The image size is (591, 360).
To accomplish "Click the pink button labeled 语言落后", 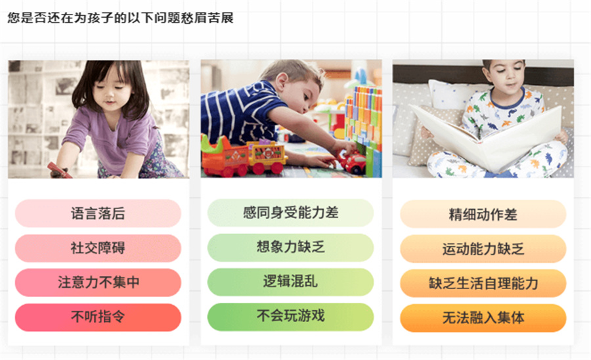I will coord(98,214).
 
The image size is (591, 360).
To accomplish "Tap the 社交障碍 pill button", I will coord(98,248).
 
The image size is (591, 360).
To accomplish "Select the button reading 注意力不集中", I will coord(98,282).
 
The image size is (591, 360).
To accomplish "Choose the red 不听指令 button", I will coord(98,317).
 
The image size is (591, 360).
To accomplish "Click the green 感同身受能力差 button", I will coord(290,213).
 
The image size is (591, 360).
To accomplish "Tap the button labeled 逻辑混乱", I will coord(290,282).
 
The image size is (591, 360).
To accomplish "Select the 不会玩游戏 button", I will coord(290,316).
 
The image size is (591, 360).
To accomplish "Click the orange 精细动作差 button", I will coord(483,214).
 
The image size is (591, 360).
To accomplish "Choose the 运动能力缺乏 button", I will coord(483,249).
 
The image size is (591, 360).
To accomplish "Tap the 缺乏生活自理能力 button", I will coord(483,283).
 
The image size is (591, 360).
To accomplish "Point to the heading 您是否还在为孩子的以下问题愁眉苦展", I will coord(121,18).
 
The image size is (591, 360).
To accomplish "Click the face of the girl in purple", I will coord(108,91).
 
